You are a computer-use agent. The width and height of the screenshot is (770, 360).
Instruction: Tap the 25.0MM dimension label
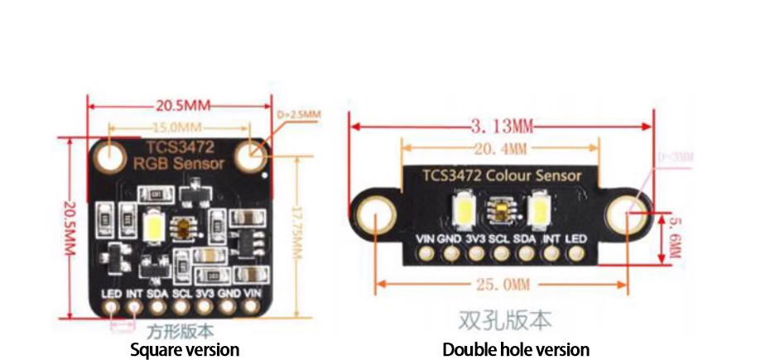pyautogui.click(x=502, y=285)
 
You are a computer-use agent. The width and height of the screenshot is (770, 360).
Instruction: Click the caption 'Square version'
pyautogui.click(x=185, y=349)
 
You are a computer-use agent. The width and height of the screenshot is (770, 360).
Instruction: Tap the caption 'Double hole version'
pyautogui.click(x=516, y=349)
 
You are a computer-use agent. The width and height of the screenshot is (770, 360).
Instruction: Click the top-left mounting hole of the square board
pyautogui.click(x=110, y=154)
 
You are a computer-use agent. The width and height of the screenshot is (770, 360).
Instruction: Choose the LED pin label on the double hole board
pyautogui.click(x=576, y=239)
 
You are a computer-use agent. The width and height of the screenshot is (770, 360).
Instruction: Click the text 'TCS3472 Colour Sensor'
pyautogui.click(x=502, y=175)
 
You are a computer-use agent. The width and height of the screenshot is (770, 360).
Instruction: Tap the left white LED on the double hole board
pyautogui.click(x=463, y=208)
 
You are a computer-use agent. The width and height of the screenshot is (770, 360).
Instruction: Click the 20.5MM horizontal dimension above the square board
pyautogui.click(x=180, y=106)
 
